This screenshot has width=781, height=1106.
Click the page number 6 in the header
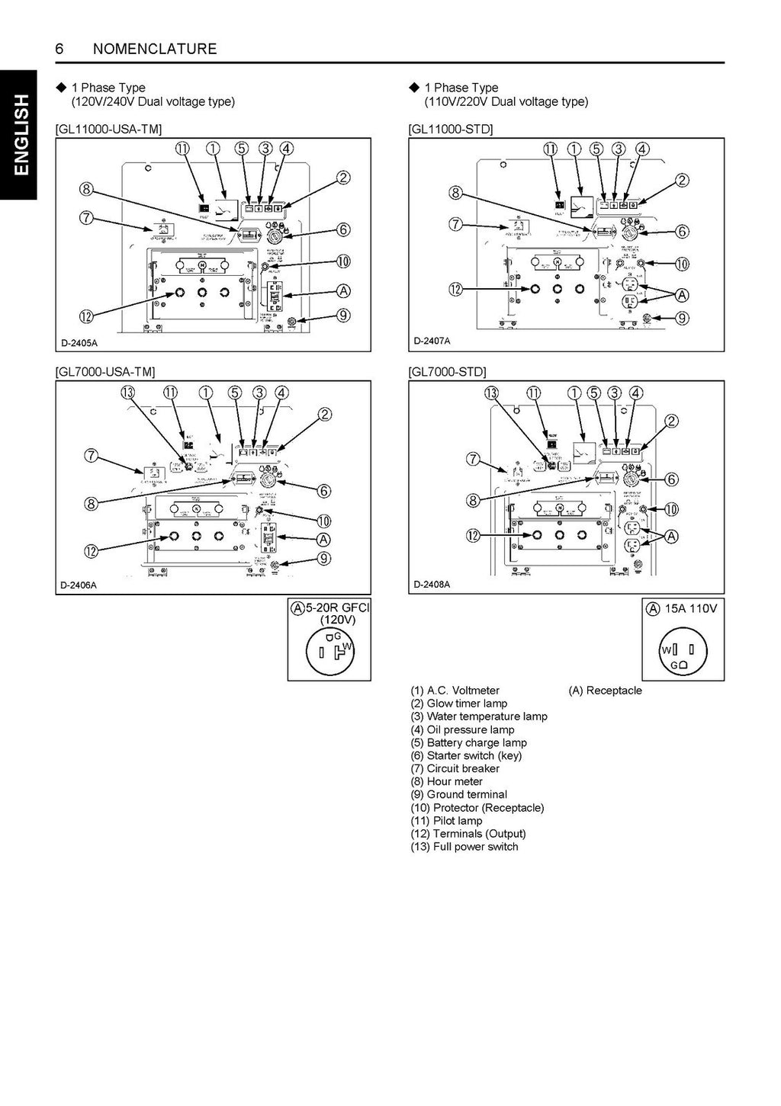coord(59,49)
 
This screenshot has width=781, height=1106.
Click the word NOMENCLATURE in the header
coord(154,49)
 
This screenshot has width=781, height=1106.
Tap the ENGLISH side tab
coord(19,135)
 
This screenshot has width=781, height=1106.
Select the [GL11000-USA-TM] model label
coord(109,130)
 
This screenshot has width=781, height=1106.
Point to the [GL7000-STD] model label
coord(448,372)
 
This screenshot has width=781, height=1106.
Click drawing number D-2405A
coord(79,343)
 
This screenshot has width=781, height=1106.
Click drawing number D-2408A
coord(432,585)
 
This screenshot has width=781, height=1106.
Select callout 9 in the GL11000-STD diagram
coord(683,319)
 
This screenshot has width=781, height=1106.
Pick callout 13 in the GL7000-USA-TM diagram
coord(127,393)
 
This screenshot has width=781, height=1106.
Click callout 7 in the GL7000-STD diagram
coord(474,458)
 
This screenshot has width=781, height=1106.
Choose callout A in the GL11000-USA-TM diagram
coord(343,290)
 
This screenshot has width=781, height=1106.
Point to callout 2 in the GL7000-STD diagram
coord(672,422)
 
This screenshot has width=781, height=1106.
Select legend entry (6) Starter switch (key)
coord(466,755)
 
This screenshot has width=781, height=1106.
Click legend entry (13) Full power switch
coord(464,846)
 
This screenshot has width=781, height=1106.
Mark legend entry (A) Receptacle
coord(605,691)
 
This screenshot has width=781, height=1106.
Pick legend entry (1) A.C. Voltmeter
coord(455,691)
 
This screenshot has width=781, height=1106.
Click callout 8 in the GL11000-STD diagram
coord(455,193)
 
